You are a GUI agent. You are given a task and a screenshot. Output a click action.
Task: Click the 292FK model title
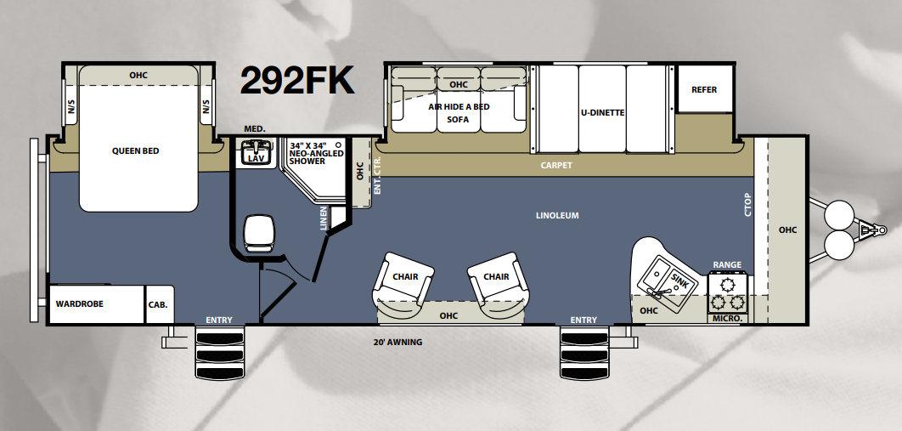click(296, 81)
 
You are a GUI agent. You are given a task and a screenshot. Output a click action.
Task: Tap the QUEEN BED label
click(136, 150)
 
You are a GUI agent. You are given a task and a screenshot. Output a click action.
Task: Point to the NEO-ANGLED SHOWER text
click(317, 154)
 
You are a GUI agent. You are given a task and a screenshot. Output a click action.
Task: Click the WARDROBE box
click(96, 303)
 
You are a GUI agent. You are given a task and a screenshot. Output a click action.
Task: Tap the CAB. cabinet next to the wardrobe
click(158, 303)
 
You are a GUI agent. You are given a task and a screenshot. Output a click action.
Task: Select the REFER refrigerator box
click(705, 89)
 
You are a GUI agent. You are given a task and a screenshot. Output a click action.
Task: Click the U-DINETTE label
click(602, 113)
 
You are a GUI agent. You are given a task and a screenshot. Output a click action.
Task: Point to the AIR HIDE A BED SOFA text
click(459, 113)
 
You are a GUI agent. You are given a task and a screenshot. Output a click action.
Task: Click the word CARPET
click(556, 165)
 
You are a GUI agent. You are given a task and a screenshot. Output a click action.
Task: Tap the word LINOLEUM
click(557, 215)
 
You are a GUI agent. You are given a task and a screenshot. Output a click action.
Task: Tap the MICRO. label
click(728, 318)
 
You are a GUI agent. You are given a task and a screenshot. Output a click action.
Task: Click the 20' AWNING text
click(397, 342)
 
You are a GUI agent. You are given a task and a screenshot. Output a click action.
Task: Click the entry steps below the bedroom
click(220, 353)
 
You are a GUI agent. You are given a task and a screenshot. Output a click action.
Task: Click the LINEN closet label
click(324, 218)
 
